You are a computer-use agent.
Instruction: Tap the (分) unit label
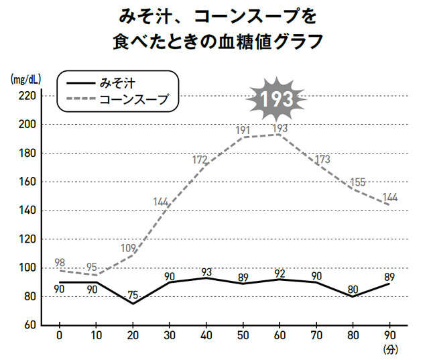pos(390,349)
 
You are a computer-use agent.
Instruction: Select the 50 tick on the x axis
pos(243,335)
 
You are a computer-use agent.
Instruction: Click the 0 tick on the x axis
pos(60,335)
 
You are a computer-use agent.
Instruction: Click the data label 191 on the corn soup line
pos(242,129)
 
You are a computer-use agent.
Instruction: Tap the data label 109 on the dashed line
pos(128,248)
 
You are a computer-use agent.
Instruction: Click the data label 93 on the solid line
pos(206,271)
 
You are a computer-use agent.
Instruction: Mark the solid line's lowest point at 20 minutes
pos(133,304)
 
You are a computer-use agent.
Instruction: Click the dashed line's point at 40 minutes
pos(206,164)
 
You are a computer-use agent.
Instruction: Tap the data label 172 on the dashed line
pos(200,160)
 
